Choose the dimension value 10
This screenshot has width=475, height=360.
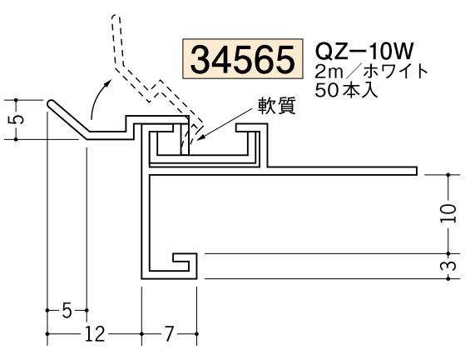click(x=449, y=213)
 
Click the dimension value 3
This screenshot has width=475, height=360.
click(x=449, y=266)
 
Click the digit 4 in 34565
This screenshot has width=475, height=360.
click(x=222, y=60)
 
